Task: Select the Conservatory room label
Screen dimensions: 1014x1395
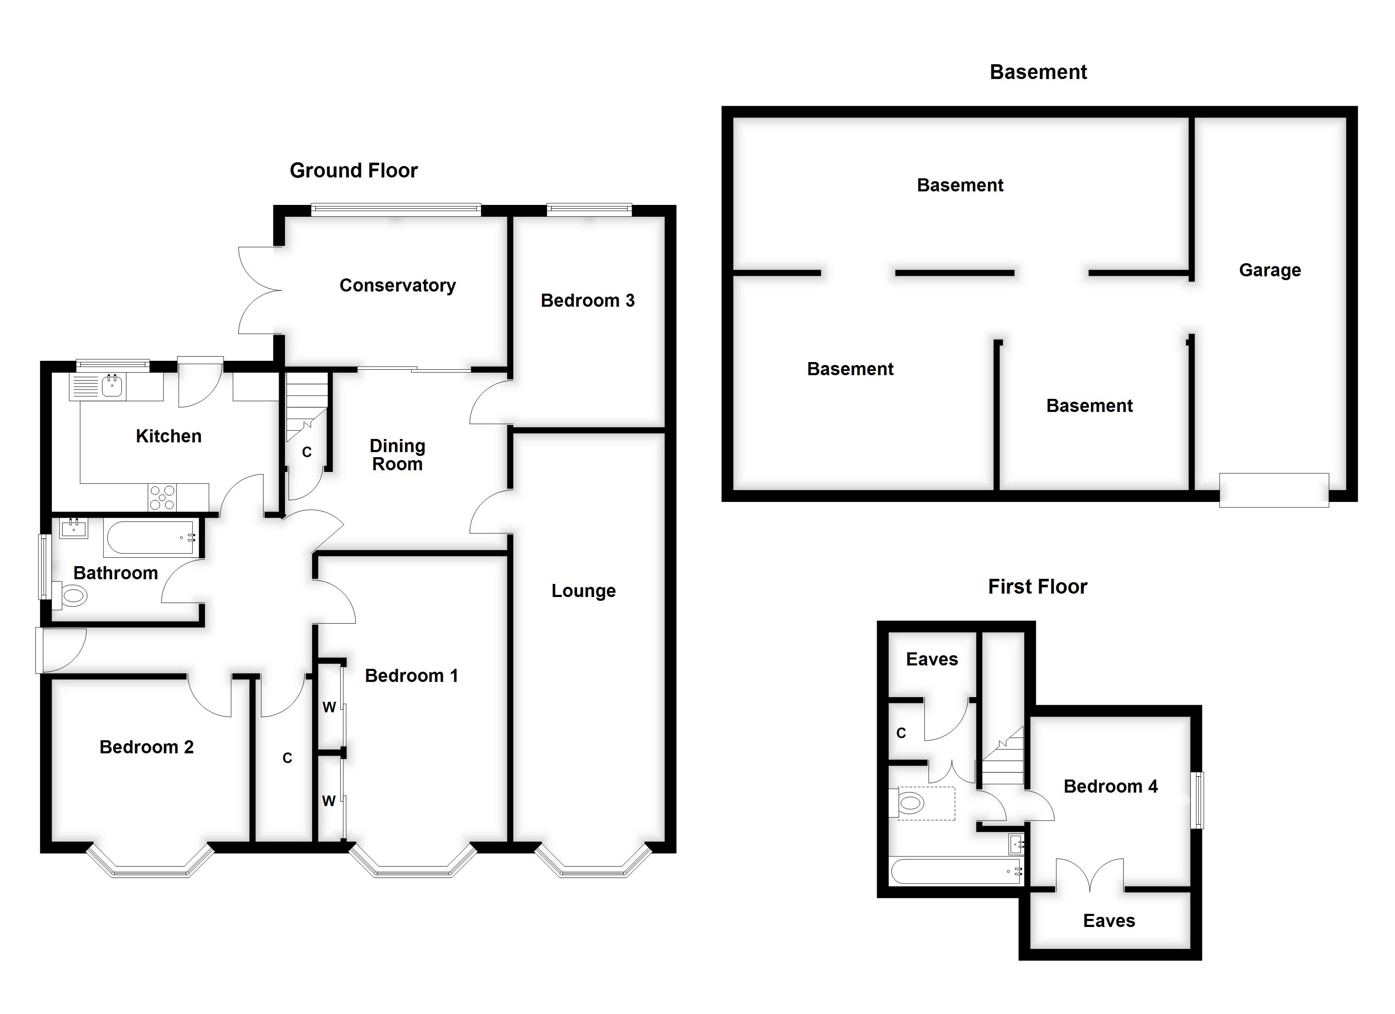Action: pyautogui.click(x=397, y=285)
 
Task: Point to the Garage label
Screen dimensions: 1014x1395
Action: pyautogui.click(x=1269, y=270)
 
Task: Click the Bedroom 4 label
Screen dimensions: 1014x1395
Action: pyautogui.click(x=1110, y=786)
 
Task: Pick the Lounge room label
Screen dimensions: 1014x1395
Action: pyautogui.click(x=583, y=591)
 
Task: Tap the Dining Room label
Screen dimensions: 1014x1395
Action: pyautogui.click(x=397, y=455)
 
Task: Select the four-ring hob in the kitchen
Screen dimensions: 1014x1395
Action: pyautogui.click(x=162, y=497)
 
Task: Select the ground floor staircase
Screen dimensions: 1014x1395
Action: pyautogui.click(x=306, y=409)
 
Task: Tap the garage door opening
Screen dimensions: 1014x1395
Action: pyautogui.click(x=1274, y=490)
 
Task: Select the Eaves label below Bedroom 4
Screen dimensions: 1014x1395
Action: pyautogui.click(x=1109, y=921)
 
